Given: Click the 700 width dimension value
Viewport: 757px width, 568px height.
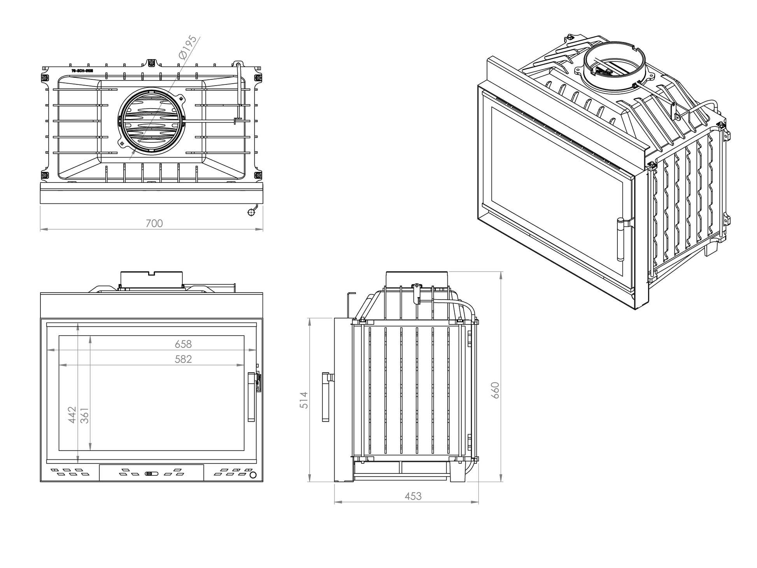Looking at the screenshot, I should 154,224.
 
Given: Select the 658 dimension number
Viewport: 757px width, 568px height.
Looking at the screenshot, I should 183,344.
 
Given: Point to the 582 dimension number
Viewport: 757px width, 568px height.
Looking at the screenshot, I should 183,359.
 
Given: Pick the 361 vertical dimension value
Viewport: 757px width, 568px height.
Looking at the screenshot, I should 84,415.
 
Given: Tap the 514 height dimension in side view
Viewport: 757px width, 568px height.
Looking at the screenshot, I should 304,400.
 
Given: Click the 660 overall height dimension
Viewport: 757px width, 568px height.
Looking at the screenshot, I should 495,390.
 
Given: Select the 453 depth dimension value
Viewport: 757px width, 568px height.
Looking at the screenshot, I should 413,496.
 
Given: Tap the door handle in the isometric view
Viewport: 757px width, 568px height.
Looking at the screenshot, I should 620,240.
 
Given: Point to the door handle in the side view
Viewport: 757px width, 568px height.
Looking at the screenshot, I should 326,397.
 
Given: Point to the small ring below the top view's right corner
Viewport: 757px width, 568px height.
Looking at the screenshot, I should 251,212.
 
